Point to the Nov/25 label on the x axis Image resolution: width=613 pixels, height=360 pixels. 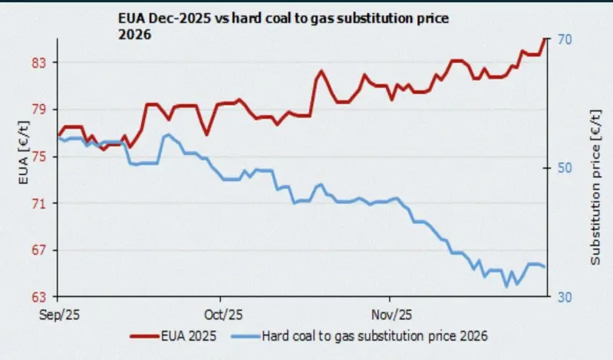pos(391,315)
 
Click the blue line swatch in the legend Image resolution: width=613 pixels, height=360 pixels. pos(244,335)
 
